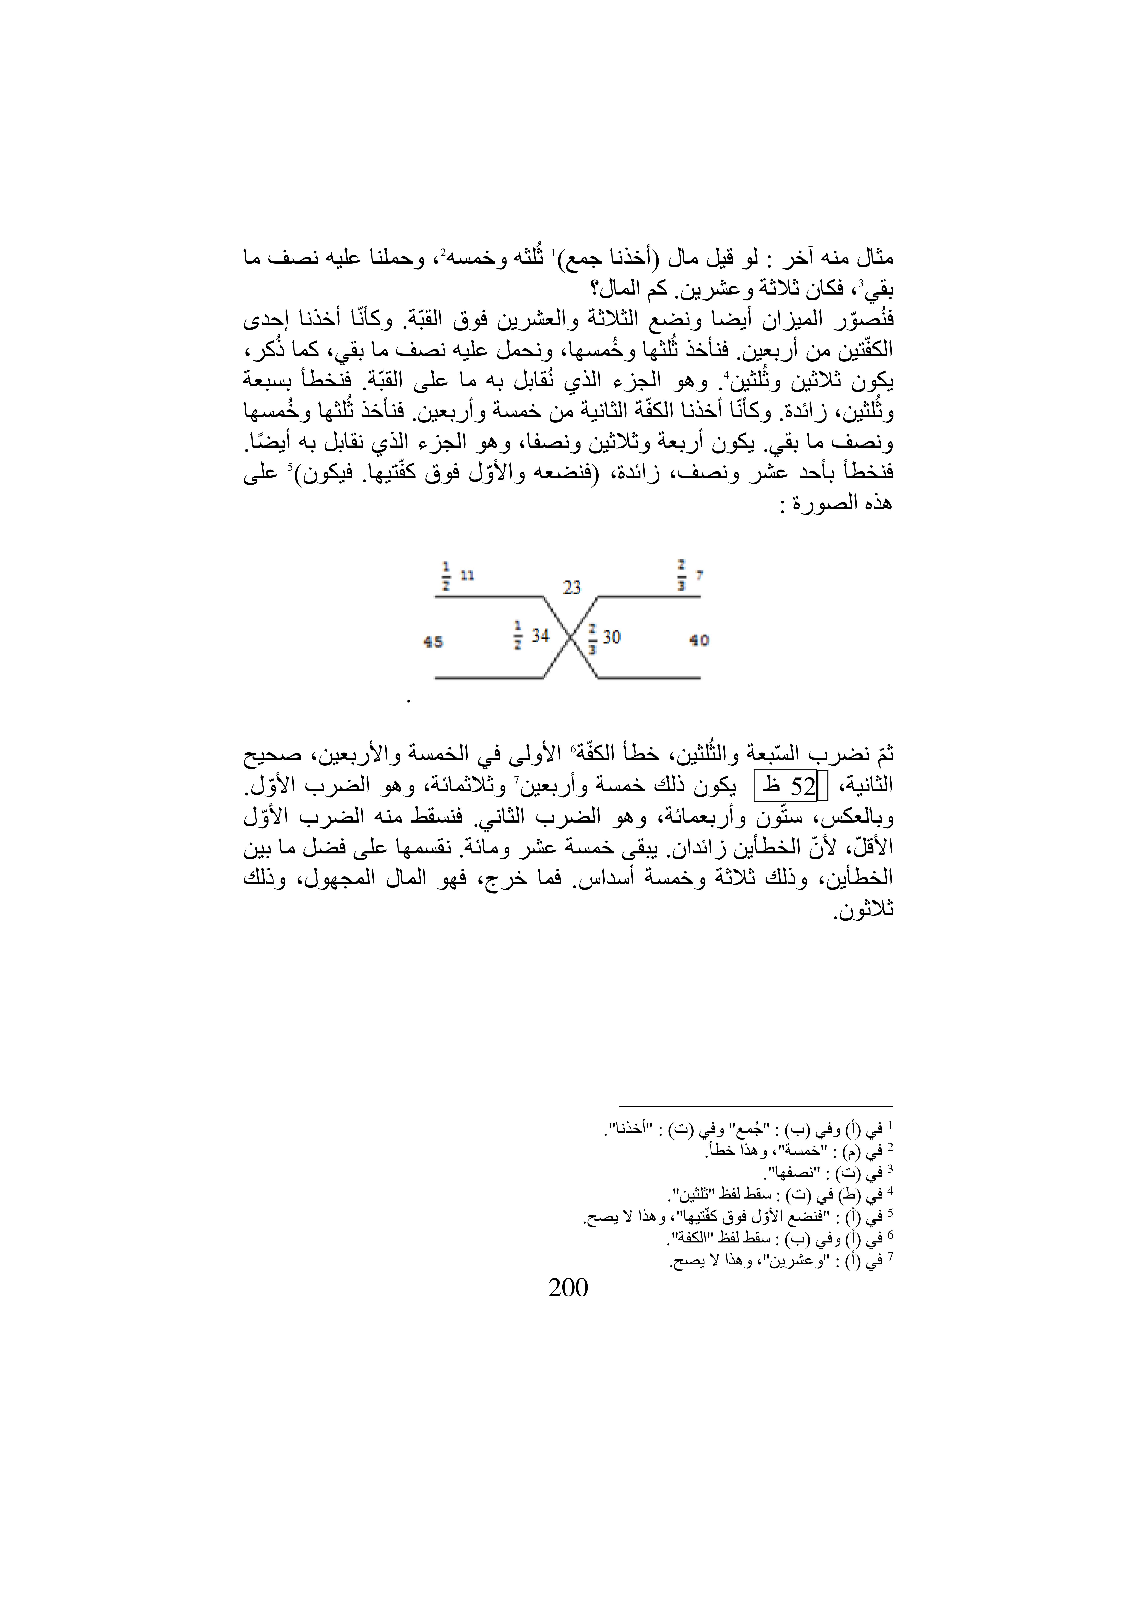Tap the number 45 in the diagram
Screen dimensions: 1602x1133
(x=433, y=641)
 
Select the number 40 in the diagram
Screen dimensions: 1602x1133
(x=699, y=640)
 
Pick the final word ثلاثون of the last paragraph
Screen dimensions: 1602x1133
(x=864, y=911)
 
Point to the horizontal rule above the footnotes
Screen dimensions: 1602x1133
(x=756, y=1106)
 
